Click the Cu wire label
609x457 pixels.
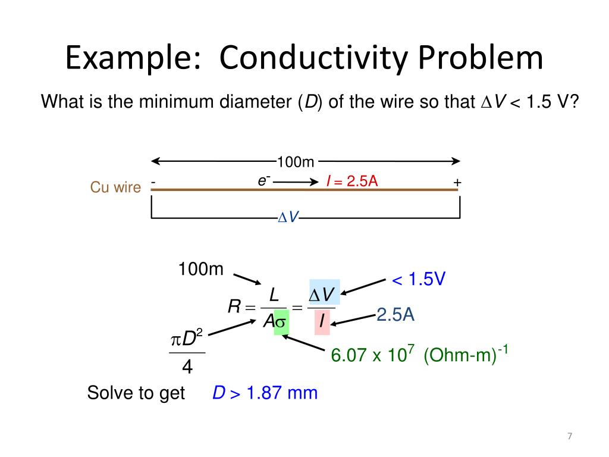(x=115, y=187)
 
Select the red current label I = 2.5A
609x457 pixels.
(x=352, y=181)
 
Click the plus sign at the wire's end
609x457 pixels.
(x=457, y=182)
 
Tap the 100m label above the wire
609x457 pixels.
(x=295, y=162)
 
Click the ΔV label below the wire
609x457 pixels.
(x=288, y=218)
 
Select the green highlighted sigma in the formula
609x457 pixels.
(x=281, y=322)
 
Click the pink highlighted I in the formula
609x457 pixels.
(x=322, y=322)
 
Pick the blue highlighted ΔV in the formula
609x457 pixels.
(x=322, y=295)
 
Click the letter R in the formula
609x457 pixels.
(x=234, y=308)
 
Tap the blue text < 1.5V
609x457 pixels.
(x=418, y=279)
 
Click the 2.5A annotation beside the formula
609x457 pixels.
(x=395, y=315)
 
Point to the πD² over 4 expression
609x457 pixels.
(x=187, y=354)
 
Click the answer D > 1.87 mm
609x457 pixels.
(x=265, y=393)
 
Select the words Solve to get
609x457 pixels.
(x=136, y=393)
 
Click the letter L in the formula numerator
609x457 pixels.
(x=274, y=295)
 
